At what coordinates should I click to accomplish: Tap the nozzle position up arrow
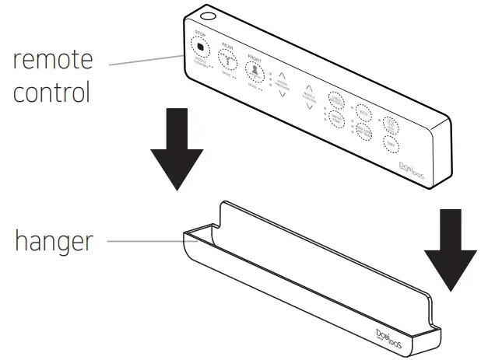pos(310,89)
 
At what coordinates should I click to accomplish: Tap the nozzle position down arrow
pos(311,106)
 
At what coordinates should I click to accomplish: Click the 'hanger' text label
pos(53,240)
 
